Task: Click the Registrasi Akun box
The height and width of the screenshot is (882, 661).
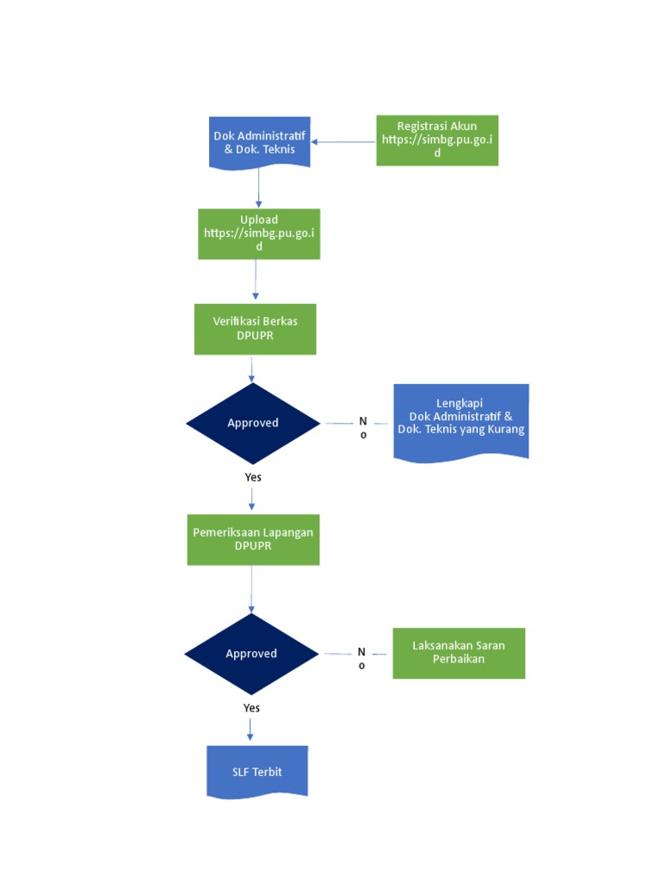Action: tap(437, 140)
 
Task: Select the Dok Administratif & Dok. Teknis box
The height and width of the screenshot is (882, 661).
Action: tap(259, 142)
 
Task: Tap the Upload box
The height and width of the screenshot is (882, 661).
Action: tap(259, 233)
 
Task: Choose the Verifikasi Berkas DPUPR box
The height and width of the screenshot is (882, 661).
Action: tap(255, 328)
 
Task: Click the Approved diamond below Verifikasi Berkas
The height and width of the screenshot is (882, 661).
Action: tap(253, 423)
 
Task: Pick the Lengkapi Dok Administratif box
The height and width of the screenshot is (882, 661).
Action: tap(460, 421)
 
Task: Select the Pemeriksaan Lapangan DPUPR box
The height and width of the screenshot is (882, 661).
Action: tap(253, 539)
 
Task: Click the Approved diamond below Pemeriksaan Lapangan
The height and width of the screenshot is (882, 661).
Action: tap(251, 654)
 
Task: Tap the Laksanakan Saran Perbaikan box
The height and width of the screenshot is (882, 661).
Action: tap(459, 653)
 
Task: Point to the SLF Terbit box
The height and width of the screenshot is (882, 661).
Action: tap(257, 771)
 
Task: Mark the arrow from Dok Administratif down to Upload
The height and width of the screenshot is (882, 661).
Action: tap(258, 187)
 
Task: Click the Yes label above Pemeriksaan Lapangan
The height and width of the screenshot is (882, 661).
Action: tap(253, 477)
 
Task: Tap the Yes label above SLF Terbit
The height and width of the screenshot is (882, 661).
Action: tap(251, 708)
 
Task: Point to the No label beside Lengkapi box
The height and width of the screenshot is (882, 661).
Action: tap(363, 428)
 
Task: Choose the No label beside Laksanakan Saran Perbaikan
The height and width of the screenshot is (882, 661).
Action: tap(361, 659)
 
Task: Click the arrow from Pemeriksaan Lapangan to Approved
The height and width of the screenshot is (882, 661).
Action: tap(251, 590)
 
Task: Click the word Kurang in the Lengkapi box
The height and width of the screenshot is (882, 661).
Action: tap(506, 429)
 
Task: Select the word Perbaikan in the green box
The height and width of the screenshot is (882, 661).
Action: tap(459, 659)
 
